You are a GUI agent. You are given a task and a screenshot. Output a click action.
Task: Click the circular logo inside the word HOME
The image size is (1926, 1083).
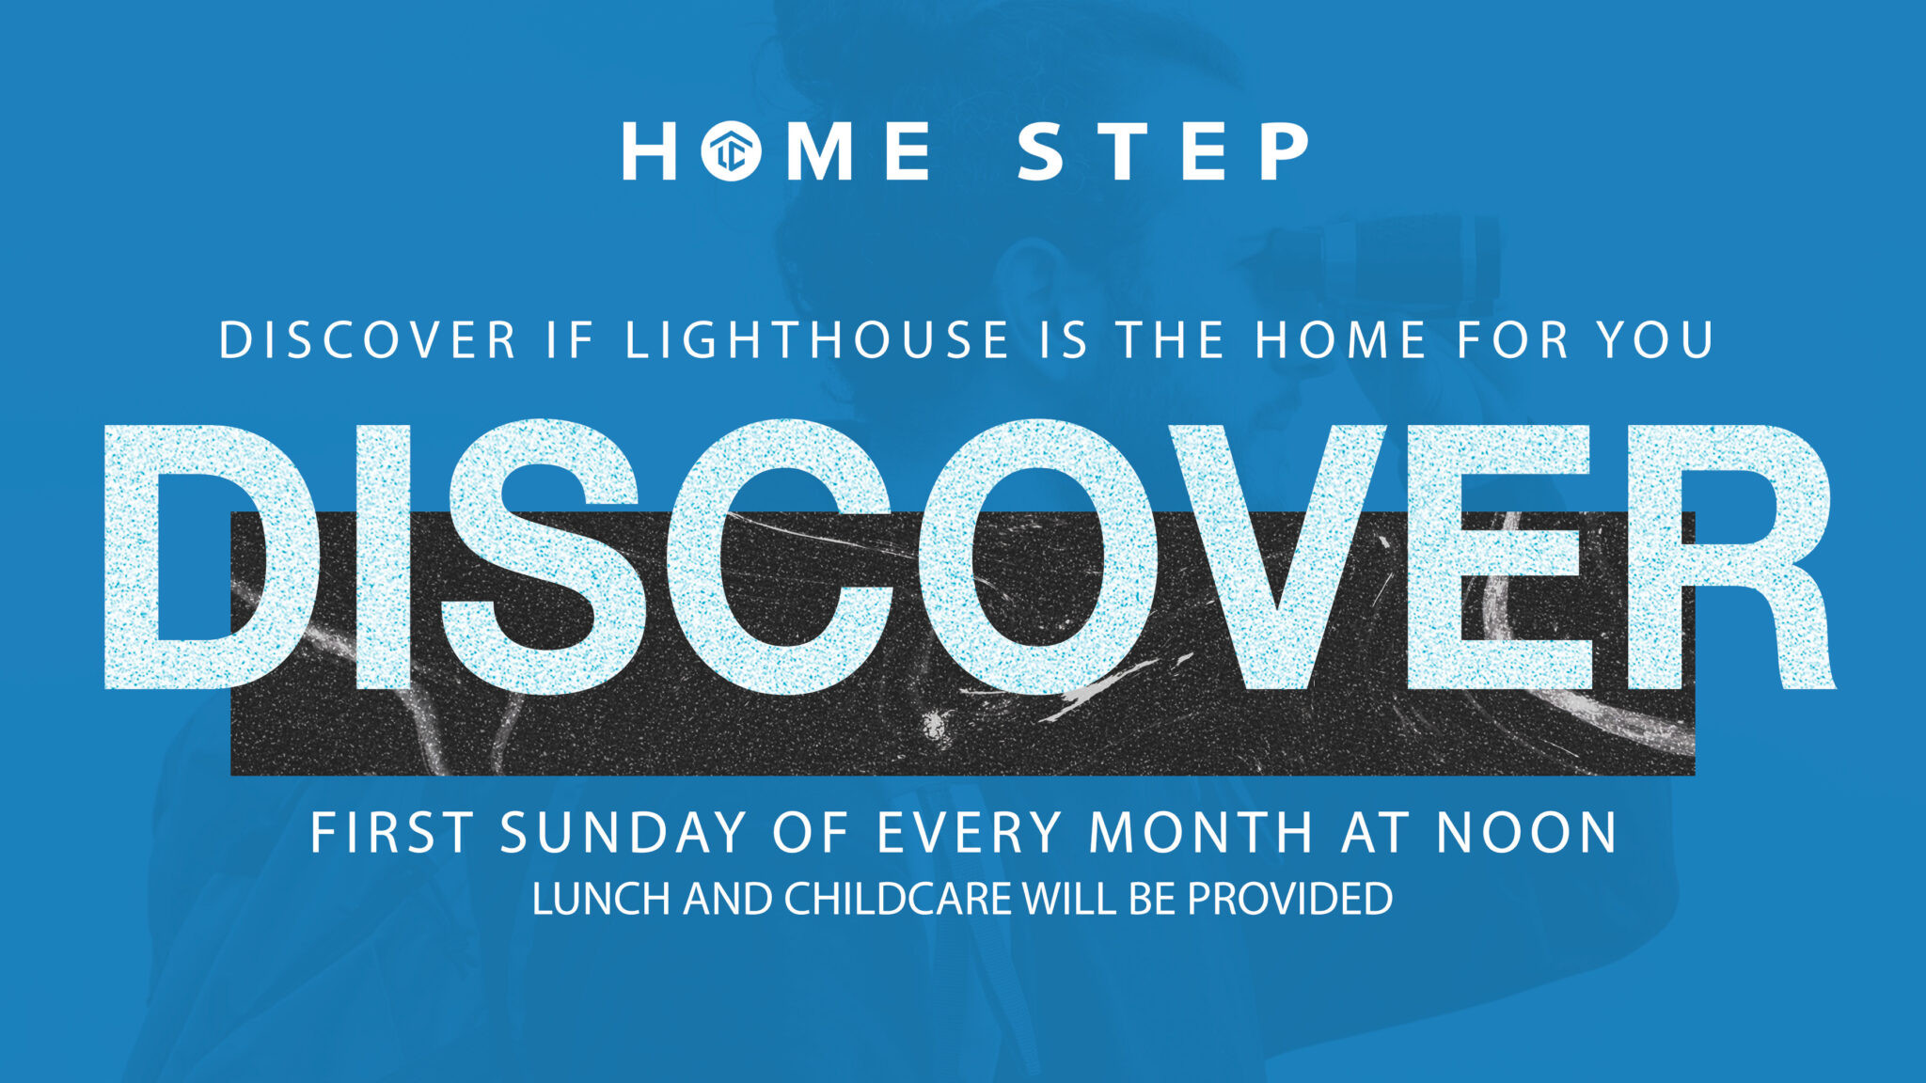click(x=731, y=151)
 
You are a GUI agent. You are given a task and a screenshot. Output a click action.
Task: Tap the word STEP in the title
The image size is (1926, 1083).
click(x=1163, y=151)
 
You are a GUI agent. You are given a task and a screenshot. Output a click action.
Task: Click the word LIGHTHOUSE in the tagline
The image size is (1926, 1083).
click(x=817, y=339)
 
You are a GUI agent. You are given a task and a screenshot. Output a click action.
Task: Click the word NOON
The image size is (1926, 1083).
click(x=1526, y=833)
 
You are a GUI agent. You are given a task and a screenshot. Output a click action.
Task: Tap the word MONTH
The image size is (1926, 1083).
click(x=1201, y=833)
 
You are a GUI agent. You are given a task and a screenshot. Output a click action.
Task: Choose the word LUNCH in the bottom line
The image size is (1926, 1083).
click(x=600, y=899)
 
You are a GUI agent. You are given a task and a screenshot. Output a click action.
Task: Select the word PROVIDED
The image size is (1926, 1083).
click(x=1289, y=899)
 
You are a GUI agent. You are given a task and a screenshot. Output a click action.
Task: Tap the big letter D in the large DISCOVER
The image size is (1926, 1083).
click(x=207, y=555)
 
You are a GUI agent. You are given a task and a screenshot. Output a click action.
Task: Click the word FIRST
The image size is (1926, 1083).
click(x=391, y=833)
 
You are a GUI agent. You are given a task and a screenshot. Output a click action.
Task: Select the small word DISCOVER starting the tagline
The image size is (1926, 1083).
click(x=368, y=339)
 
